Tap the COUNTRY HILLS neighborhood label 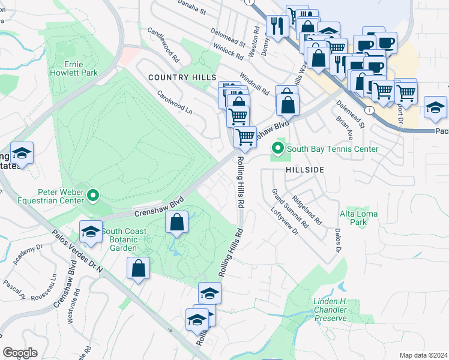click(182, 78)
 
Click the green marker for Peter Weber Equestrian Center click(93, 195)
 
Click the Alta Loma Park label click(354, 217)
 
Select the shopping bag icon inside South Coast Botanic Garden click(176, 223)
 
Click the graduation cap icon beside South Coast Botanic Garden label click(91, 232)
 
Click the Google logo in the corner click(20, 353)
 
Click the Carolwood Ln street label click(175, 103)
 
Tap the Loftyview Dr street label click(285, 221)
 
